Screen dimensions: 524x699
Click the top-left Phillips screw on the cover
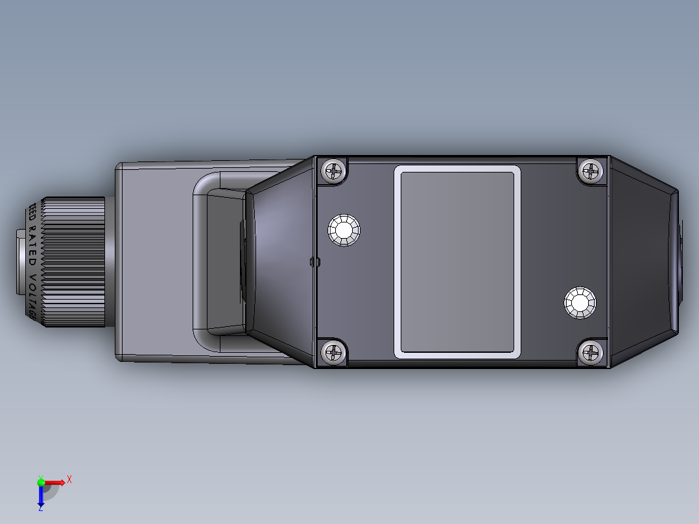333,171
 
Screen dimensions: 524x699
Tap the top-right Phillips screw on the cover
591,171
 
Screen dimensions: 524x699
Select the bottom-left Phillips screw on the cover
333,353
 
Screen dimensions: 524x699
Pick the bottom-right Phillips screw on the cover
591,353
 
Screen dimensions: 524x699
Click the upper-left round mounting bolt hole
344,230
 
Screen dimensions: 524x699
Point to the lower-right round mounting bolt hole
580,302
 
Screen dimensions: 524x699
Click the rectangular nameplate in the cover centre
457,261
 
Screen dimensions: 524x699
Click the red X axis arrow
56,482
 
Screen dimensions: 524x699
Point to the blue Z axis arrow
41,497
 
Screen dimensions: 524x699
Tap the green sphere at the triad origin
41,482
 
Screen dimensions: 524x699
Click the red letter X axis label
69,479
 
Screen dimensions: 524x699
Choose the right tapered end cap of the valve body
642,261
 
